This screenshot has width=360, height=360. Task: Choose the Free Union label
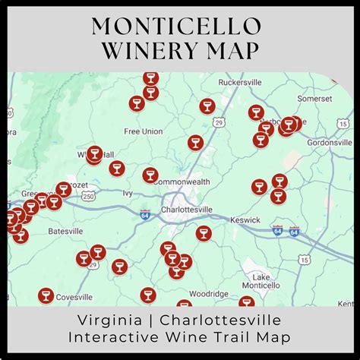pyautogui.click(x=143, y=131)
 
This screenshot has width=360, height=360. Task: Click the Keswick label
pyautogui.click(x=245, y=220)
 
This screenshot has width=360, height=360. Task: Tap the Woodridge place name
pyautogui.click(x=208, y=293)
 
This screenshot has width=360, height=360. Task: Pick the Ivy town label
pyautogui.click(x=127, y=193)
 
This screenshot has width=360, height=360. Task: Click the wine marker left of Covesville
pyautogui.click(x=46, y=295)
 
